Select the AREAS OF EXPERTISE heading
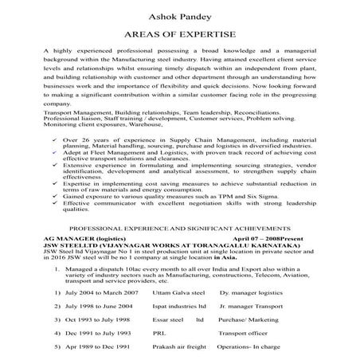[x=179, y=35]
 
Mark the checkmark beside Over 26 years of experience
[x=53, y=139]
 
